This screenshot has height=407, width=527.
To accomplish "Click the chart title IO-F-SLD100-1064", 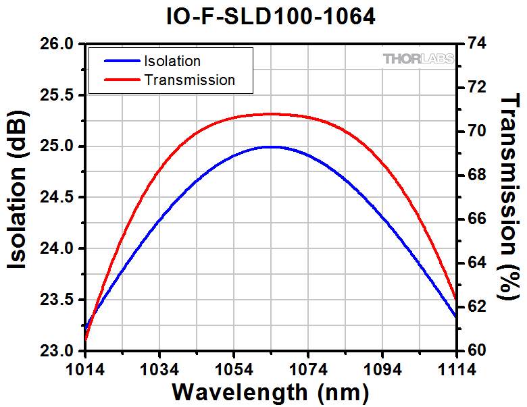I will tap(270, 16).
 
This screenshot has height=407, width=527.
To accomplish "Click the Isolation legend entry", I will tap(172, 61).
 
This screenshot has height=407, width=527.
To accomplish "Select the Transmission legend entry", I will tap(189, 80).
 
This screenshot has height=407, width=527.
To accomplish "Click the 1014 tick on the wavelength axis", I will tap(86, 369).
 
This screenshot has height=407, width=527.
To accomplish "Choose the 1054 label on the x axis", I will tap(234, 369).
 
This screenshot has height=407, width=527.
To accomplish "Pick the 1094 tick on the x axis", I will tap(382, 369).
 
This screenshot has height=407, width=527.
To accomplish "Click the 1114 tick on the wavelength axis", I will tap(455, 369).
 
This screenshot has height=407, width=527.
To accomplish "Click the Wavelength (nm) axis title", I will tap(270, 392).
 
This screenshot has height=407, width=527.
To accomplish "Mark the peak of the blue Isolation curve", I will tap(270, 146).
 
